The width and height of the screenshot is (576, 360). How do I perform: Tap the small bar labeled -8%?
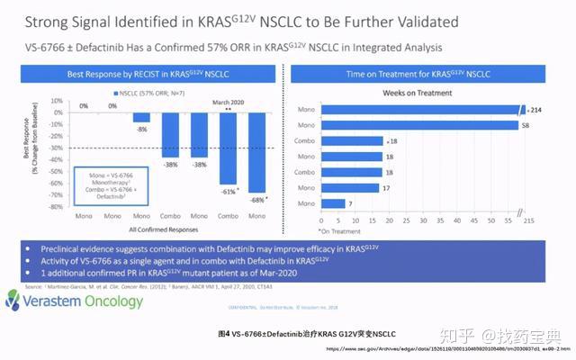(x=141, y=117)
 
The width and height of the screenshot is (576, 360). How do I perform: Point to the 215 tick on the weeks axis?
(x=527, y=220)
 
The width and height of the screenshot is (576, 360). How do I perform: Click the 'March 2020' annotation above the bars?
(x=229, y=102)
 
